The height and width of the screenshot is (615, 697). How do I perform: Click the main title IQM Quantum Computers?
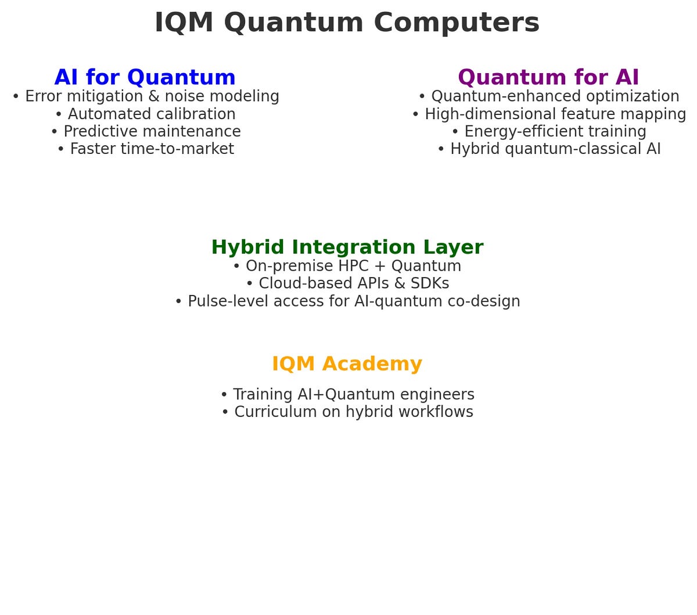coord(347,23)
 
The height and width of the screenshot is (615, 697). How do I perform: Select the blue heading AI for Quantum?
coord(145,77)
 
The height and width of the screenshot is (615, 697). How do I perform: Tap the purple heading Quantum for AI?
coord(548,77)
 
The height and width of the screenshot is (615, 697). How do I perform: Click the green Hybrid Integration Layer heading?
coord(347,247)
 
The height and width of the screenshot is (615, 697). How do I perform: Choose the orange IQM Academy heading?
coord(347,364)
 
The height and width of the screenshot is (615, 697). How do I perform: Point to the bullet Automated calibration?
coord(146,114)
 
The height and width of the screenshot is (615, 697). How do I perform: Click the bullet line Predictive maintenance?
coord(146,131)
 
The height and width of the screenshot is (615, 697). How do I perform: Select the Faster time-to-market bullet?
coord(146,149)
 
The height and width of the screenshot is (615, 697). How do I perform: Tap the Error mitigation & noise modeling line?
coord(146,96)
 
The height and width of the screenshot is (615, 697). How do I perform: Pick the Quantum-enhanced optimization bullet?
coord(549,96)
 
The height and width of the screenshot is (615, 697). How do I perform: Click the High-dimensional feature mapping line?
coord(549,114)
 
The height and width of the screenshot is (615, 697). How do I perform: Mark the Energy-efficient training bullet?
coord(549,131)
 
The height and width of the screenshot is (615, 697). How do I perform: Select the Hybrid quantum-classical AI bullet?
coord(549,149)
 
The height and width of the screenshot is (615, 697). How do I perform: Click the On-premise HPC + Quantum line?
coord(347,266)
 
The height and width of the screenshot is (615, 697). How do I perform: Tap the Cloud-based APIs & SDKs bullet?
coord(347,283)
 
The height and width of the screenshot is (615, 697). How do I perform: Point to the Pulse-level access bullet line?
coord(347,301)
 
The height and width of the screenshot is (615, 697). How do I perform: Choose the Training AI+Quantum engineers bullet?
coord(347,394)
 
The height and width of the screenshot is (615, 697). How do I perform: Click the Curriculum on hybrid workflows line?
coord(347,412)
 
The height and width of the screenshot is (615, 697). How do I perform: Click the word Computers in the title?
coord(457,23)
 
